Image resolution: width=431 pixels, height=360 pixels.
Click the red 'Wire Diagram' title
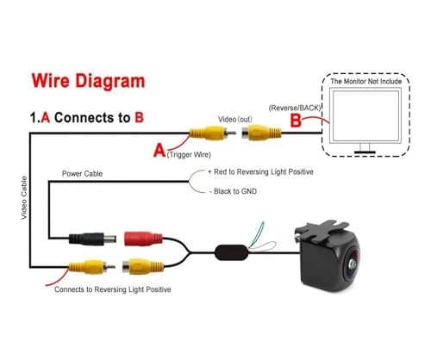pos(88,81)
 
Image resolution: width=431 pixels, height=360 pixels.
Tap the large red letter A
pos(159,151)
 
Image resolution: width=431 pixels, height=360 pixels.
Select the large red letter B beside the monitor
pos(296,121)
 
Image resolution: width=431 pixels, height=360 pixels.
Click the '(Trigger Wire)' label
pos(189,155)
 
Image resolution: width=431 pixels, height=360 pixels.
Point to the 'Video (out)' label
pos(235,119)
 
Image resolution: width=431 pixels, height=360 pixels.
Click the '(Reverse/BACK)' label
pos(295,108)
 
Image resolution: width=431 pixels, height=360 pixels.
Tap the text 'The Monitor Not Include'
pos(365,81)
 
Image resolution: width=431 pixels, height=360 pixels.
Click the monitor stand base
pos(365,152)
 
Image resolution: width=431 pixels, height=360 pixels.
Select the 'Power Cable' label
pos(82,174)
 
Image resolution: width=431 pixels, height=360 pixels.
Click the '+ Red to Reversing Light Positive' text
pos(260,172)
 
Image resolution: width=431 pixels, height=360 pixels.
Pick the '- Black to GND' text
pos(233,191)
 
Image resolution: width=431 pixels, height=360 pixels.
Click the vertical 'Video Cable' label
pos(24,198)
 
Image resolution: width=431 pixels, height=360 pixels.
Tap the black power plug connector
pos(92,239)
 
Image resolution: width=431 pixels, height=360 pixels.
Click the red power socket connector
pos(143,239)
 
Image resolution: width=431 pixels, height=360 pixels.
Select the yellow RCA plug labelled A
pos(212,133)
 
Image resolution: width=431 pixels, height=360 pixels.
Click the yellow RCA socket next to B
pos(261,133)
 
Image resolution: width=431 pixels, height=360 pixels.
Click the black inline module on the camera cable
pos(232,252)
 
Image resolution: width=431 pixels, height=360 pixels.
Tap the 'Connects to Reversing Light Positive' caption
pos(113,289)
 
